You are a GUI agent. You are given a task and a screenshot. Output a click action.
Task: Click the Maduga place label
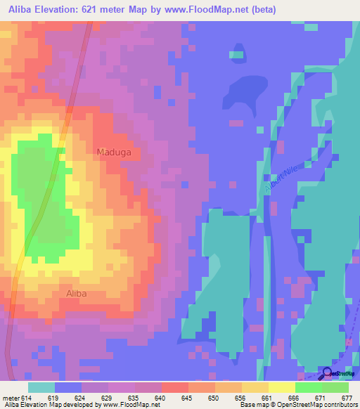113,152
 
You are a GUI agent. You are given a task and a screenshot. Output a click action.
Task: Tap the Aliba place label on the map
76,294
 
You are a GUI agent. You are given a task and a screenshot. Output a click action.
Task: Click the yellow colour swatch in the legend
281,387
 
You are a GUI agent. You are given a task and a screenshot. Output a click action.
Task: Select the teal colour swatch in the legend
41,387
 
